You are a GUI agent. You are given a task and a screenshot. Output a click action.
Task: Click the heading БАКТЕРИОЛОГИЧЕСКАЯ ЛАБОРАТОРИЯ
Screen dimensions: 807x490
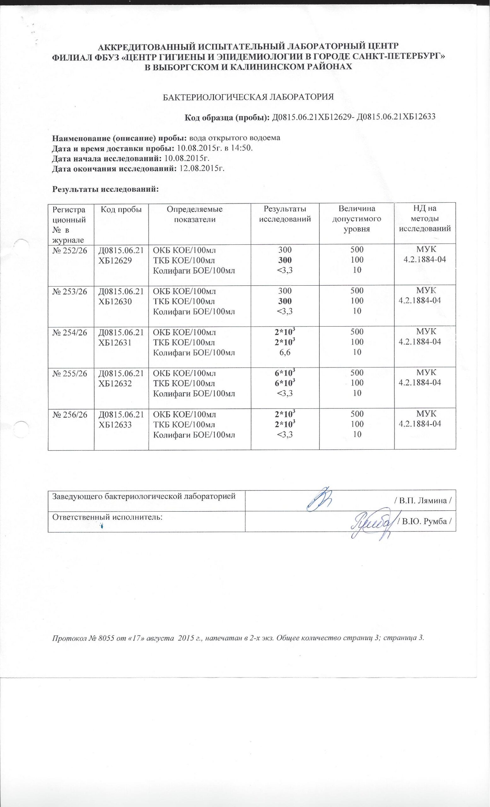[x=248, y=97]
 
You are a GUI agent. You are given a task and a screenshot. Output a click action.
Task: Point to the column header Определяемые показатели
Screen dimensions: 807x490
[x=195, y=214]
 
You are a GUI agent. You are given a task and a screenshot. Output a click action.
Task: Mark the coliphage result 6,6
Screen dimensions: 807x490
[x=285, y=352]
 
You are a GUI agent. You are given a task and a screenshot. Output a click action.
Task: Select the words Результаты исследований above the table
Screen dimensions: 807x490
[x=105, y=189]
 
